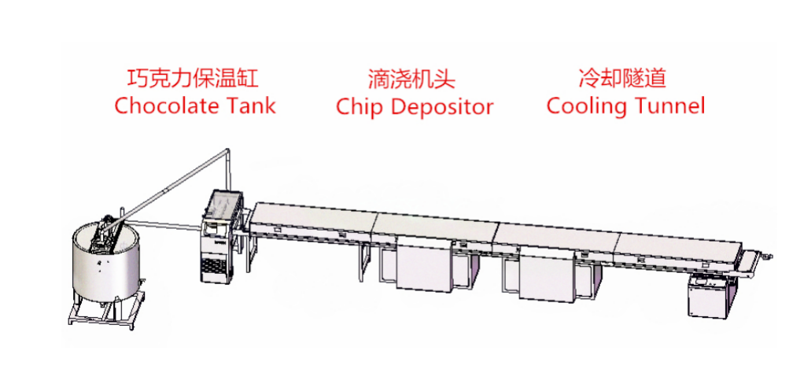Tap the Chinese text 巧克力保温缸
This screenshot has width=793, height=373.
(193, 79)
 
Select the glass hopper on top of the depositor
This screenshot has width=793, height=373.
(225, 205)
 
